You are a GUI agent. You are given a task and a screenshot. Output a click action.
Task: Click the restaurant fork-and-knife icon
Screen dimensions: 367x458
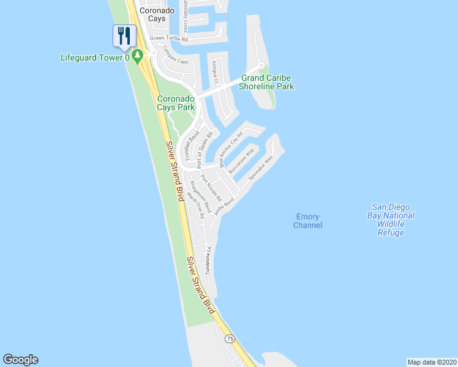tap(124, 35)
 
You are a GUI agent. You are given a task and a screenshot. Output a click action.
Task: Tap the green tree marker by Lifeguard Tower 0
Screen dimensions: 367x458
tap(138, 56)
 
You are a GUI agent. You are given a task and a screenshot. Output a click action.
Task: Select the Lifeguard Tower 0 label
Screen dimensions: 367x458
tap(96, 58)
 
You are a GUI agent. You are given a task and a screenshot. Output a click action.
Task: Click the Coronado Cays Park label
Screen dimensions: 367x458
tap(176, 103)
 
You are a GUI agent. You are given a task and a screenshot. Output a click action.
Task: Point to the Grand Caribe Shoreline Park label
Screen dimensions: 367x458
tap(266, 82)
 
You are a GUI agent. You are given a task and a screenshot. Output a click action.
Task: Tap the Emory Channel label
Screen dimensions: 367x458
tap(308, 221)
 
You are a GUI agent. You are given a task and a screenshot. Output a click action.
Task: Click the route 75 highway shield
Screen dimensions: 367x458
tap(230, 338)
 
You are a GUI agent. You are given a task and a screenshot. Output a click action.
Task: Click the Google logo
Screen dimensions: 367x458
tap(20, 360)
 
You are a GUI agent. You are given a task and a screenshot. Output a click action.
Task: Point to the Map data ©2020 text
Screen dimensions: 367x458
tap(432, 361)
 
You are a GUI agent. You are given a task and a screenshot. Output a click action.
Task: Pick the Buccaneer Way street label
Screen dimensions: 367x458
tap(241, 161)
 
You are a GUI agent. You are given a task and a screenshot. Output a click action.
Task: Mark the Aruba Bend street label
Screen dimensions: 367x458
tap(224, 206)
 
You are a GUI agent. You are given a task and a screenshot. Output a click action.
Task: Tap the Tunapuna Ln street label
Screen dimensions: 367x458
tap(208, 261)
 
